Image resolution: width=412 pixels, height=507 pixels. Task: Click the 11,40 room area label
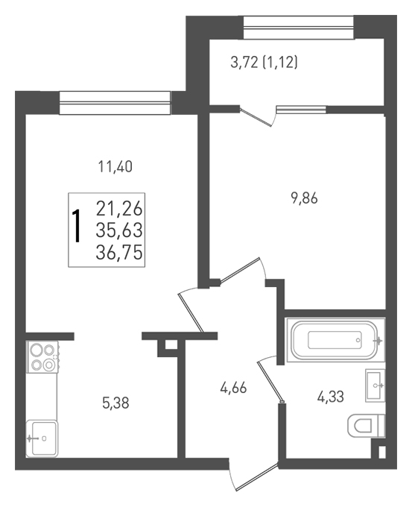(115, 168)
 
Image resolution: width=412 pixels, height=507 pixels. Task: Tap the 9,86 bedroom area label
(305, 198)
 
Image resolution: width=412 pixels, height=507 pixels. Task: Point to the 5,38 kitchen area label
(115, 403)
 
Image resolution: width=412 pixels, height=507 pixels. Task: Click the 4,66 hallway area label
(233, 388)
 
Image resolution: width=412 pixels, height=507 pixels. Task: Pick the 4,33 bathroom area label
(331, 397)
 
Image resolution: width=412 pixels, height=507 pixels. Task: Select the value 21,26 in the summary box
(119, 209)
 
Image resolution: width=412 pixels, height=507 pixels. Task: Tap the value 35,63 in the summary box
(119, 230)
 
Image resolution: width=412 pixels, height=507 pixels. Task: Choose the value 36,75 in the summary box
(119, 252)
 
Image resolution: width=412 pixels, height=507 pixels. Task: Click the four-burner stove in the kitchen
(42, 357)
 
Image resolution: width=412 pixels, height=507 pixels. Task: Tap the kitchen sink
(42, 438)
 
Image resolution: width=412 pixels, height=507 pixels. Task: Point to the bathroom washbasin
(375, 385)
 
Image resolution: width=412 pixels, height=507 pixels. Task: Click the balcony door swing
(259, 116)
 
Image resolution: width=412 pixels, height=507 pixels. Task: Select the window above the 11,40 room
(115, 103)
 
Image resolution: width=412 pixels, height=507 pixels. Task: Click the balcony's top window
(299, 28)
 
